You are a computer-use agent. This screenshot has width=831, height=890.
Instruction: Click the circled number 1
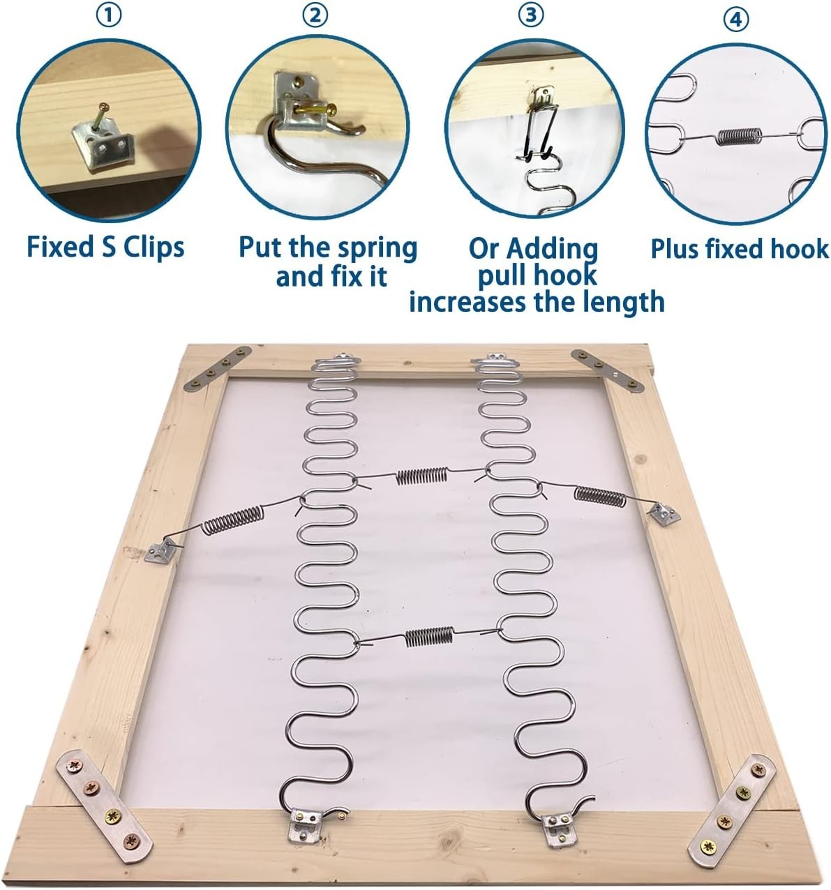coord(109,15)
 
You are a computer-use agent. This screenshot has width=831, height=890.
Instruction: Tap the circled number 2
coord(315,15)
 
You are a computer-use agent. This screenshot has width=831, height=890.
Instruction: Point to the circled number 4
coord(736,20)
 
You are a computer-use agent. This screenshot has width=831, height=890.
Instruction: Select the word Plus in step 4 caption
coord(673,249)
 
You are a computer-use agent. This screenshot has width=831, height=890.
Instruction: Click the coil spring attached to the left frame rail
coord(232,520)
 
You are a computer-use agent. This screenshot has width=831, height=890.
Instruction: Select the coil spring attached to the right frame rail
coord(599,496)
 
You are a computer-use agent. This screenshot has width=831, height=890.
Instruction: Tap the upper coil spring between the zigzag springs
coord(421,476)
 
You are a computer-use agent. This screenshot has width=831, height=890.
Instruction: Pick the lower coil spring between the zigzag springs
coord(429,637)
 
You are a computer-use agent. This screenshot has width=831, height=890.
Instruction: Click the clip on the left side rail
coord(160,551)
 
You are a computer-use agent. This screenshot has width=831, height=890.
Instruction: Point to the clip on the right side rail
coord(664,513)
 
